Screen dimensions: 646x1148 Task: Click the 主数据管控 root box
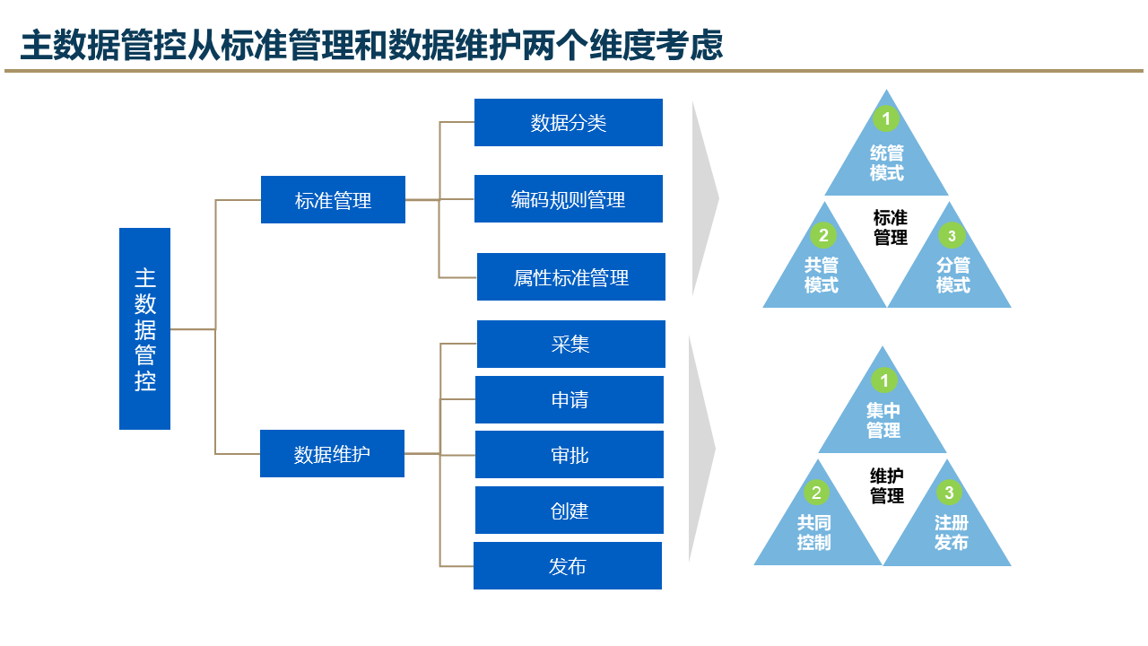(144, 328)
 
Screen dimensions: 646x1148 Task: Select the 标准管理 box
(333, 200)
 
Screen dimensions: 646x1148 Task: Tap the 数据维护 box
(332, 454)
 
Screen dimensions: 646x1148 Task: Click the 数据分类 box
(569, 123)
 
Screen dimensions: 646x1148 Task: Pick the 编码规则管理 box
(569, 199)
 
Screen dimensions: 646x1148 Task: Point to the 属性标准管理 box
(571, 277)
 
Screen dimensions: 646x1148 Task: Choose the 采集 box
(571, 345)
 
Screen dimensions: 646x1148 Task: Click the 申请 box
(570, 400)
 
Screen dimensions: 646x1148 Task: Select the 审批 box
(570, 455)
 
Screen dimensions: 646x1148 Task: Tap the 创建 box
(570, 511)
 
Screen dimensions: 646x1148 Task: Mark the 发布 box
(568, 566)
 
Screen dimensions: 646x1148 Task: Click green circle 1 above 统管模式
(886, 118)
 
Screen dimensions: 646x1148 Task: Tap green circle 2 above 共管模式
(822, 236)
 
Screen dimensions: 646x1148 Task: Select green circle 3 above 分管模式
(952, 236)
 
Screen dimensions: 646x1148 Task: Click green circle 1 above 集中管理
(883, 380)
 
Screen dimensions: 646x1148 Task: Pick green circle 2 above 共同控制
(815, 493)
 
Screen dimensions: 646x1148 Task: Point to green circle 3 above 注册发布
(949, 493)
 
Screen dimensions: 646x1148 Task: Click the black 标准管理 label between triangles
(891, 228)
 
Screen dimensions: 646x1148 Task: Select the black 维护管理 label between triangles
(887, 485)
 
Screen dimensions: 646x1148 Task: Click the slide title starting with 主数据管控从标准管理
(371, 46)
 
